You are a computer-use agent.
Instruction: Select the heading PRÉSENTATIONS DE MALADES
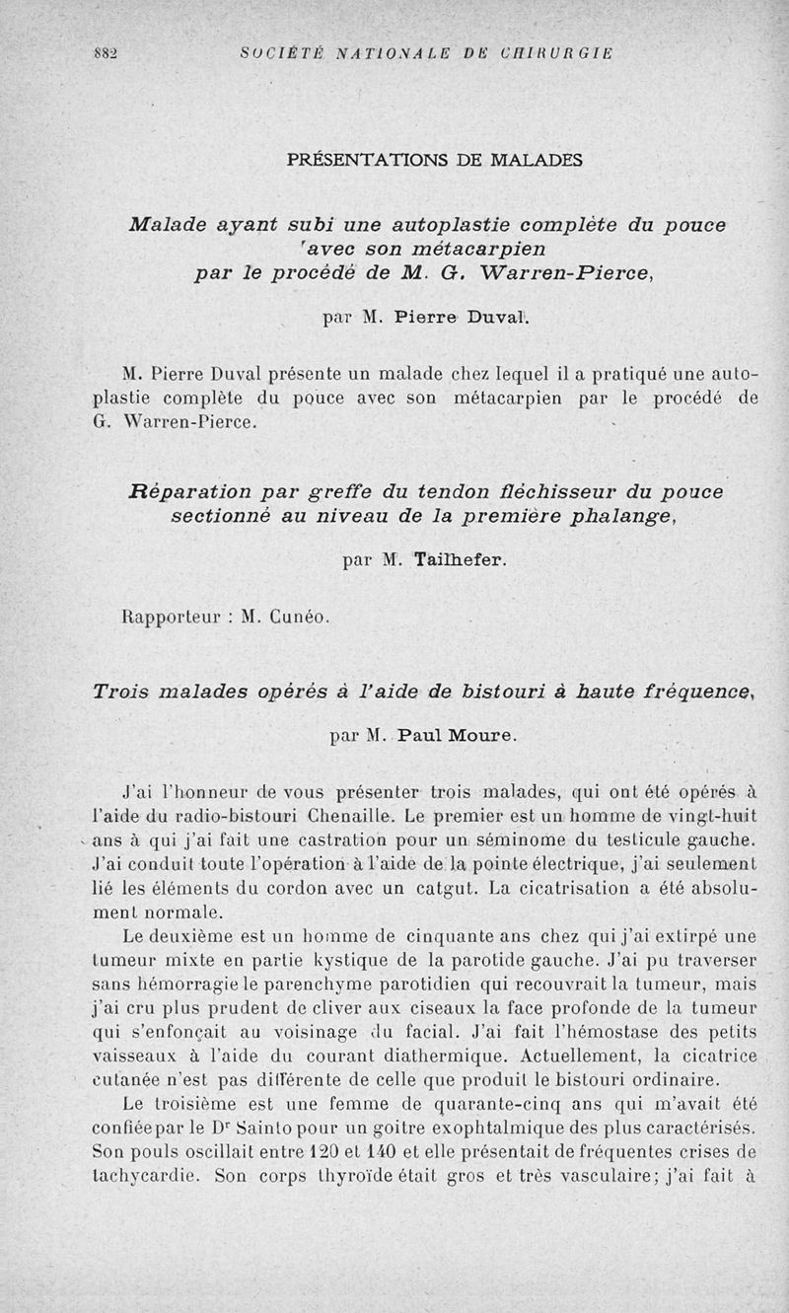pyautogui.click(x=435, y=160)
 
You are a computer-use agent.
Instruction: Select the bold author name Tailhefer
pyautogui.click(x=462, y=560)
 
